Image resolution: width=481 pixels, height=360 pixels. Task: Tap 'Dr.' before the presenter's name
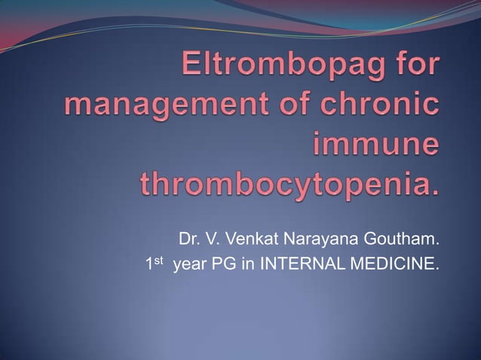click(188, 241)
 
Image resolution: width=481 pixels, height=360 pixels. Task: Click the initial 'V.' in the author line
click(210, 241)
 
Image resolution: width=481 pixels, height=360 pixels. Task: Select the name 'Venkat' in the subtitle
click(243, 241)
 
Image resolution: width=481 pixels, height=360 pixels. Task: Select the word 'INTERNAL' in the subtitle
click(299, 264)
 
